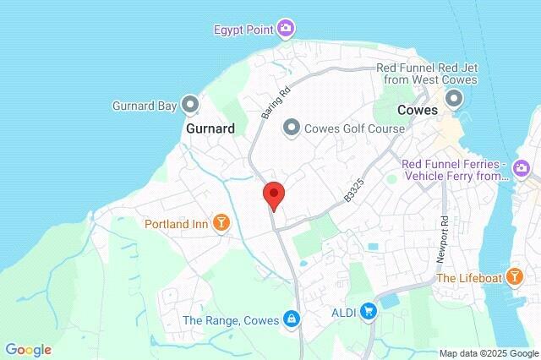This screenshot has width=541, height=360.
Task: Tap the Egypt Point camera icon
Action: (286, 30)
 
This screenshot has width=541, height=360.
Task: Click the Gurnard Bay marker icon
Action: (191, 106)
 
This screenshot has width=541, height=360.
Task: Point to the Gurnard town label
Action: (210, 129)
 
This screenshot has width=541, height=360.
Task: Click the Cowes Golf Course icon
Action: (292, 127)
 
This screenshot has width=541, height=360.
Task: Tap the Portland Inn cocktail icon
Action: (221, 224)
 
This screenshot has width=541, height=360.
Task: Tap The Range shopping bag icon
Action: (291, 319)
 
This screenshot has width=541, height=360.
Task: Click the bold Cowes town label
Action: (418, 110)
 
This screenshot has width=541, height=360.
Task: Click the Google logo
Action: (28, 350)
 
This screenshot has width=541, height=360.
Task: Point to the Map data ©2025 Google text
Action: (489, 353)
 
